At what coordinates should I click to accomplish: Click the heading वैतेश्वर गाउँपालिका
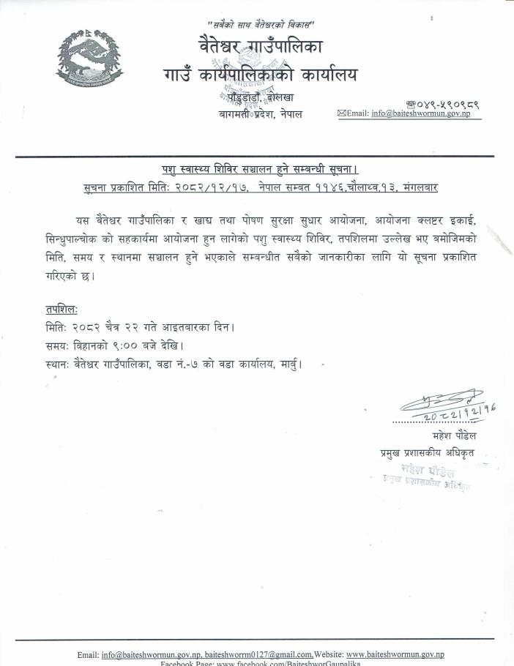click(x=260, y=49)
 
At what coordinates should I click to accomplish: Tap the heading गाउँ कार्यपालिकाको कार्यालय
click(x=261, y=74)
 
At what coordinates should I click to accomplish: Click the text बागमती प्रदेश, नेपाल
click(x=260, y=115)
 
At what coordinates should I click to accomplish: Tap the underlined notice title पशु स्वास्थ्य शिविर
click(x=260, y=170)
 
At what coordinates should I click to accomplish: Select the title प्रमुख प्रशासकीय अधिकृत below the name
click(x=422, y=453)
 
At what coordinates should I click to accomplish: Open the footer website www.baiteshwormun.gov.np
click(x=395, y=654)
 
